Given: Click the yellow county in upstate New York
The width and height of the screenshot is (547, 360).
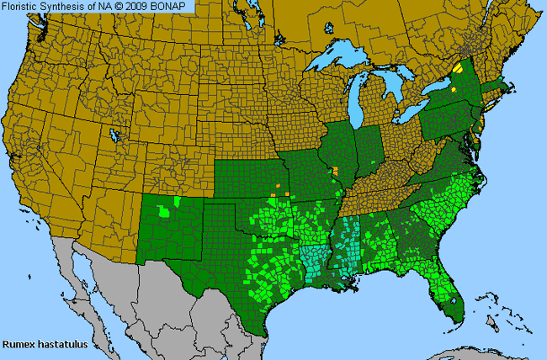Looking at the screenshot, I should tap(458, 65).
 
